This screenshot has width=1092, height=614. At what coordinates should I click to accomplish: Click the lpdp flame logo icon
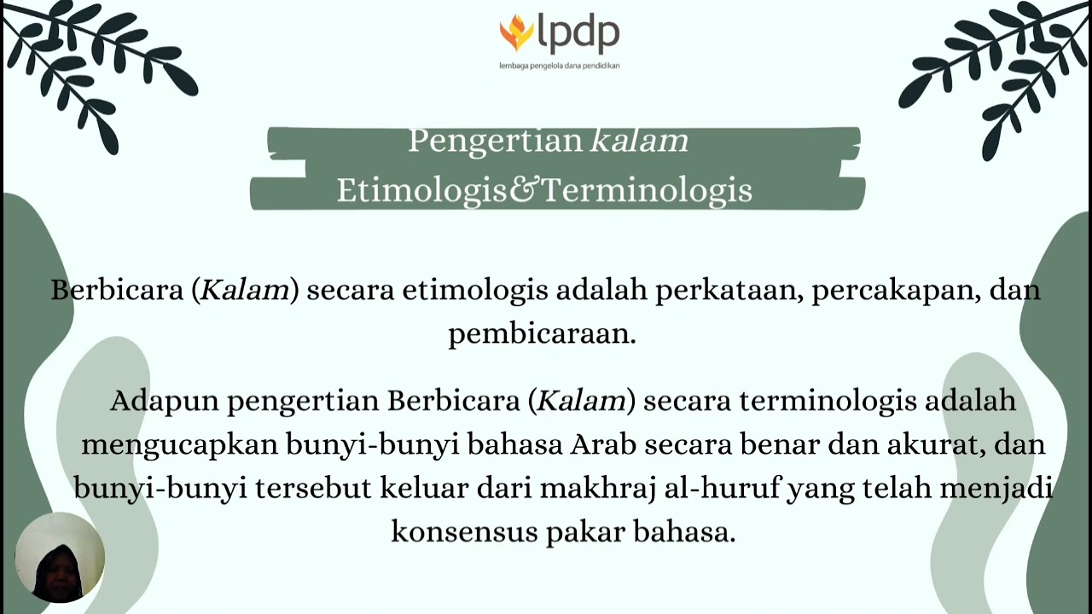coord(516,32)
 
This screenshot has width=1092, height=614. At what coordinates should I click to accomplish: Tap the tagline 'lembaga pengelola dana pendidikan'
coord(559,66)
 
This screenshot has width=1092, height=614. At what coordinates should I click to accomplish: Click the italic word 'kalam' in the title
coord(639,141)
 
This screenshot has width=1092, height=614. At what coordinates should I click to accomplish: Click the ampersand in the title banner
coord(523,190)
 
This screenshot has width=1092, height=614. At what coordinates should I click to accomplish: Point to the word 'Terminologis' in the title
coord(646,190)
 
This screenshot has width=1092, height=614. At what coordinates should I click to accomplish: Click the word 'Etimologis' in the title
coord(421,190)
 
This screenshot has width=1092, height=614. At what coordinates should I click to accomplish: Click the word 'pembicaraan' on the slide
coord(542,334)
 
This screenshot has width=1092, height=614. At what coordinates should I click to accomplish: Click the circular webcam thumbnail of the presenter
coord(60,558)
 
